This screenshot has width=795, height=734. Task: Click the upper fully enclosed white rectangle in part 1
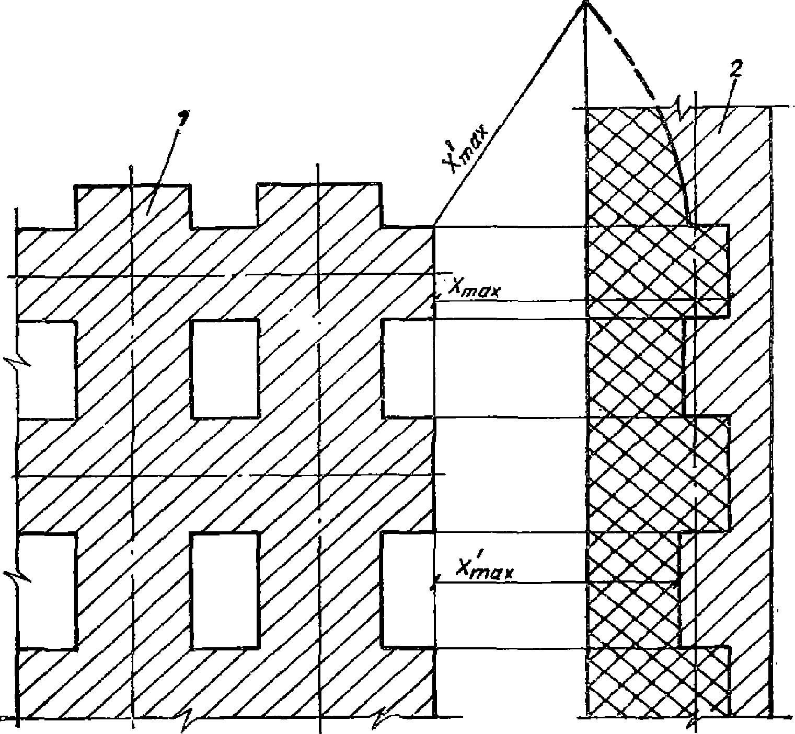[225, 368]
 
